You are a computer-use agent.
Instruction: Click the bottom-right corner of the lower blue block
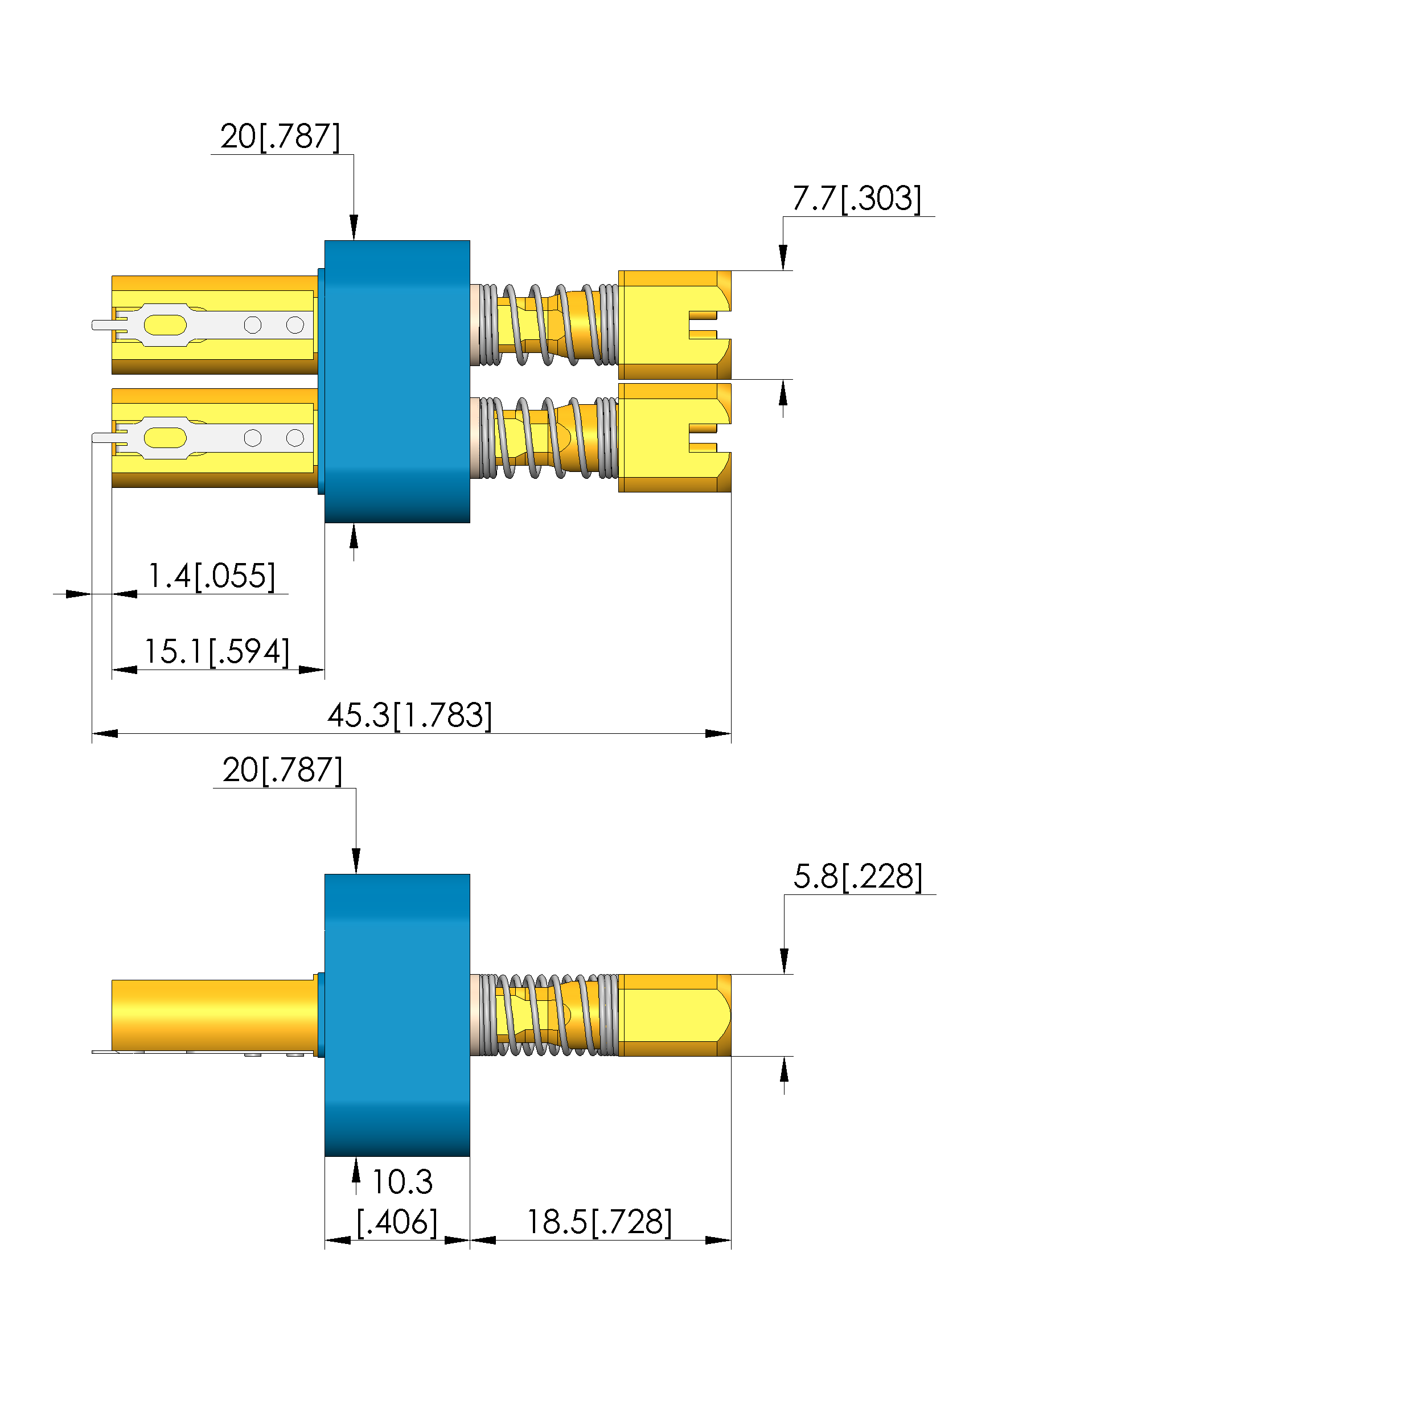click(x=470, y=1156)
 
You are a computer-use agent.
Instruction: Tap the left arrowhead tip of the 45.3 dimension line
click(x=92, y=733)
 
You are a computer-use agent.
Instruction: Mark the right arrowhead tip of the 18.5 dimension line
click(x=731, y=1240)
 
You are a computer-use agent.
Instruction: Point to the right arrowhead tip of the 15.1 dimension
click(x=325, y=670)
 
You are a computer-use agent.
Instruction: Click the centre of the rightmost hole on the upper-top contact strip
click(x=295, y=325)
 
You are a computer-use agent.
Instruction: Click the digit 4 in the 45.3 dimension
click(x=337, y=716)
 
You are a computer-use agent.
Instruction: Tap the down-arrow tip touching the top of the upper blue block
click(x=354, y=240)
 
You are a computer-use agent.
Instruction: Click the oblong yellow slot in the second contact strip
click(x=165, y=437)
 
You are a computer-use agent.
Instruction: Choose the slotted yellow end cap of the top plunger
click(x=675, y=325)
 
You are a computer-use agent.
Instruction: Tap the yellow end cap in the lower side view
click(x=675, y=1015)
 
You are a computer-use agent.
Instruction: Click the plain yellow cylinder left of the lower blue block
click(x=215, y=1015)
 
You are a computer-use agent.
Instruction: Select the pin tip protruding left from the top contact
click(x=103, y=325)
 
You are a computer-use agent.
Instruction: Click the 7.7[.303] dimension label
click(x=856, y=199)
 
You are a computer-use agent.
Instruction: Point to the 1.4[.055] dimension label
click(x=212, y=576)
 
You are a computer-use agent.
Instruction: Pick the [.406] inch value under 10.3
click(x=397, y=1222)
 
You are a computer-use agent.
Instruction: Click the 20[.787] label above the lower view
click(x=282, y=770)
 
